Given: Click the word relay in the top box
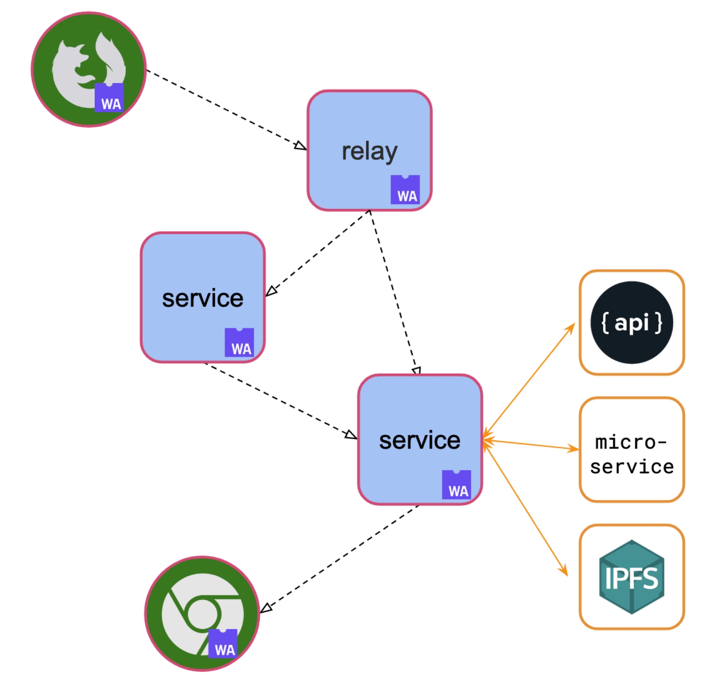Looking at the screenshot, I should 369,151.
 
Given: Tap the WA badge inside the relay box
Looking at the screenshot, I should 405,190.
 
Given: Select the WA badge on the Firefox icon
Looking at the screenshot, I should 109,98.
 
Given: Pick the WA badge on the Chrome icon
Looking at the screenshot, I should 223,643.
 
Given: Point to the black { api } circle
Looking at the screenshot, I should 632,322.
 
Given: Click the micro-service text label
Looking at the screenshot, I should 632,455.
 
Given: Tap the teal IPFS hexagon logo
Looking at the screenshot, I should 632,577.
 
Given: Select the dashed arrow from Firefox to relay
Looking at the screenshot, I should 226,109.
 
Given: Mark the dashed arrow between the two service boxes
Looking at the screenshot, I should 280,399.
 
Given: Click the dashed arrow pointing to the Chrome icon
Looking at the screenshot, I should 339,559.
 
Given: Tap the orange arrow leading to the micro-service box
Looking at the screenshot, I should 531,445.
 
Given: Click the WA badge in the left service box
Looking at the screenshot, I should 239,342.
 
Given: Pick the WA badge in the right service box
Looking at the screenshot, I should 456,485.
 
